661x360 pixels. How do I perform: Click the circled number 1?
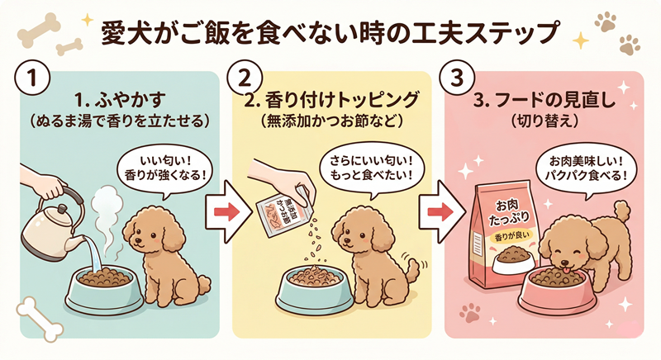coord(29,79)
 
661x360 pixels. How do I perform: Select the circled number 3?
coord(457,79)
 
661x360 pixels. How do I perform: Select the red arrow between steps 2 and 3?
coord(433,213)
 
